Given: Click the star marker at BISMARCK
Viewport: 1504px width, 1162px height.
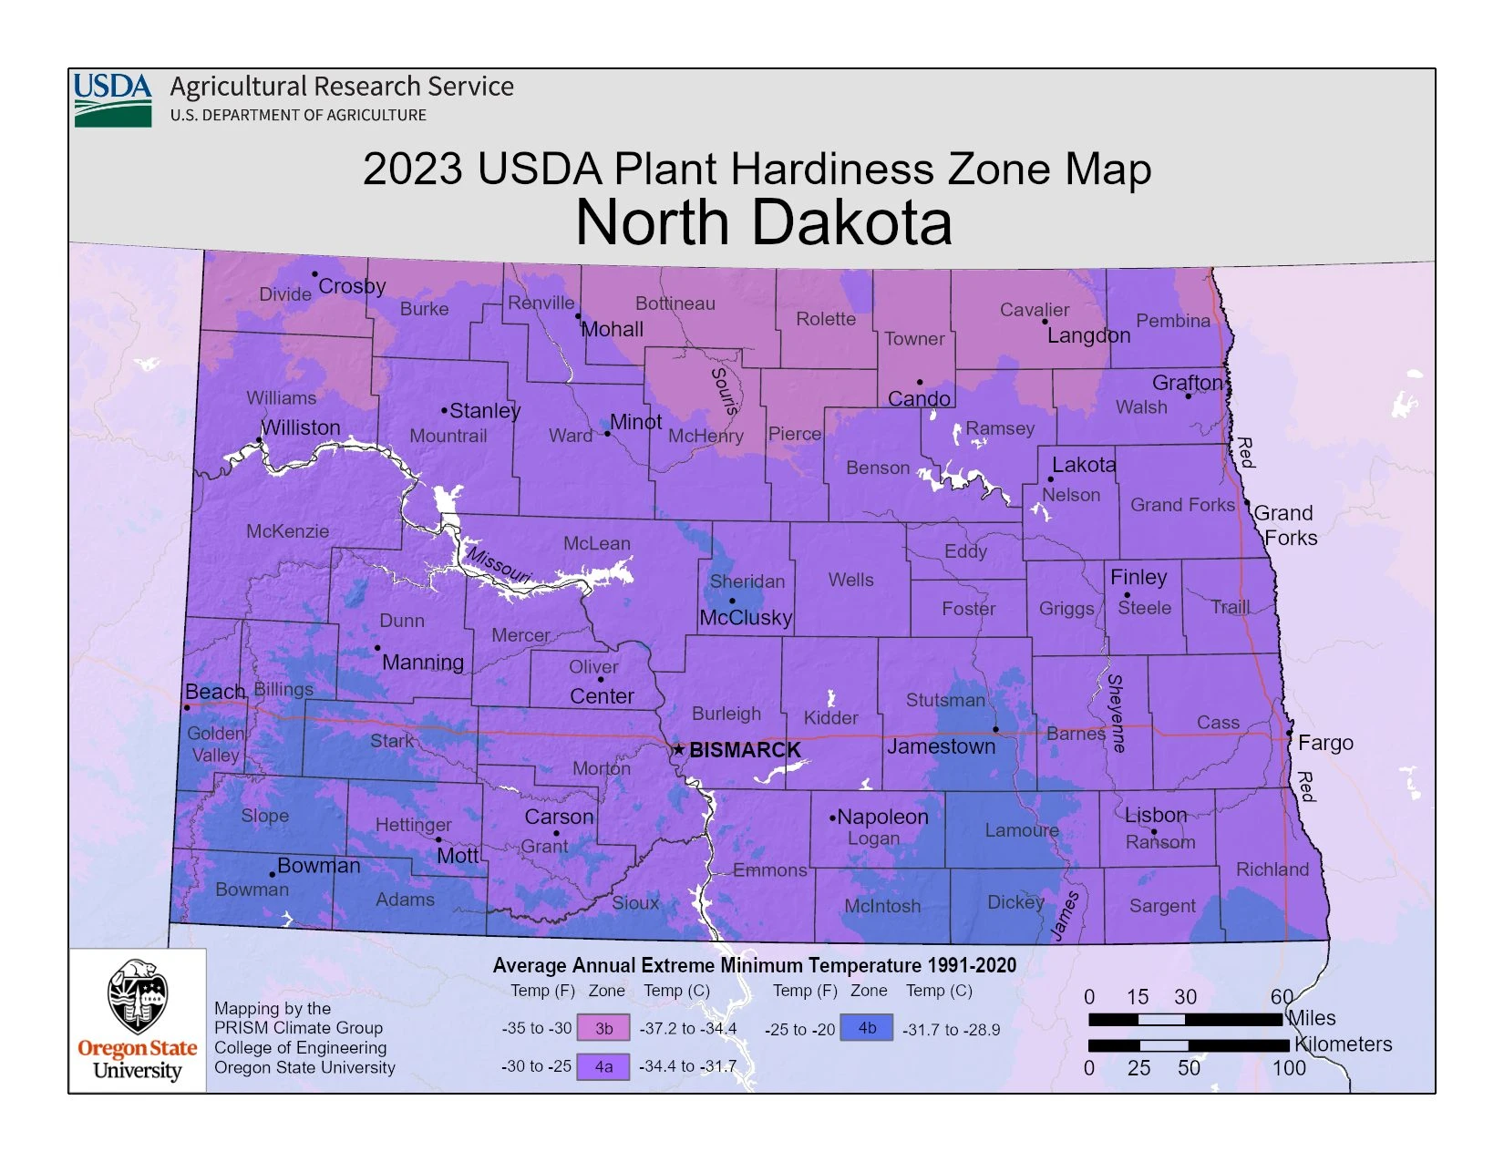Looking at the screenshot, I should (678, 750).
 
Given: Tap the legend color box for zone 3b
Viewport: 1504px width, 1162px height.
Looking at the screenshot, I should (603, 1028).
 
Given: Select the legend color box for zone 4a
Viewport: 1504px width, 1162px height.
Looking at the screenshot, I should (603, 1066).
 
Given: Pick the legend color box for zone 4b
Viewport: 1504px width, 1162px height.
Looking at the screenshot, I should (867, 1028).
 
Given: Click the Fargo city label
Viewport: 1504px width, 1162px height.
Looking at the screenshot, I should (1325, 743).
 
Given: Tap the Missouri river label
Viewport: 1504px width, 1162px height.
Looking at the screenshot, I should (499, 564).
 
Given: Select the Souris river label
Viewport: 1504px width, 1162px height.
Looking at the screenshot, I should (724, 392).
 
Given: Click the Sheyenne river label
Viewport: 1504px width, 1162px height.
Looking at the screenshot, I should (1116, 713).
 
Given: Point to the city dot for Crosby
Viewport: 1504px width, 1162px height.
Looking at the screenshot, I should (315, 274).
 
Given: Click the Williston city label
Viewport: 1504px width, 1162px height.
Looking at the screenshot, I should (301, 427).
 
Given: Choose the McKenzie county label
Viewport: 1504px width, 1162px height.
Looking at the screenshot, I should (287, 531).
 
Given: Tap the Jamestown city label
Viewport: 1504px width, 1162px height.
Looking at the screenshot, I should (942, 746).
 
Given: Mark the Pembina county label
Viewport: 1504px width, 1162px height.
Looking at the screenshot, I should (1173, 321).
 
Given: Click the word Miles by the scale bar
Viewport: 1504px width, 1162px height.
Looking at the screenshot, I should (1312, 1018).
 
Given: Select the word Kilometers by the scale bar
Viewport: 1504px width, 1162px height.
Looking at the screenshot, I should (1344, 1044).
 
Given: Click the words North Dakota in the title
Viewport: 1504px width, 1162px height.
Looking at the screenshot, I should (764, 223).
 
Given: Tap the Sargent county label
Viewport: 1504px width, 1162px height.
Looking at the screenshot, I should (1161, 906).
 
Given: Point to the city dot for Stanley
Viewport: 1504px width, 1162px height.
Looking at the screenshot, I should (445, 411).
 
